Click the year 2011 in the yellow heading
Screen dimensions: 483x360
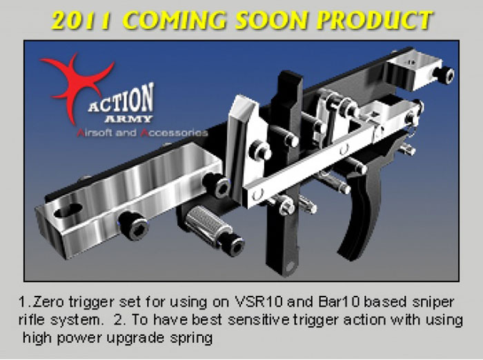pyautogui.click(x=81, y=20)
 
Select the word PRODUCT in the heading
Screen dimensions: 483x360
pyautogui.click(x=375, y=20)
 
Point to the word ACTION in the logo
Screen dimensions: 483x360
pyautogui.click(x=121, y=99)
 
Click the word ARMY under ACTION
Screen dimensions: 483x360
pyautogui.click(x=128, y=119)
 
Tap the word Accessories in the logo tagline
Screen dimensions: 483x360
pyautogui.click(x=175, y=132)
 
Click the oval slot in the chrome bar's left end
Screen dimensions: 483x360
pyautogui.click(x=68, y=210)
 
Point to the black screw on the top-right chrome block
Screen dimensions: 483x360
pyautogui.click(x=443, y=75)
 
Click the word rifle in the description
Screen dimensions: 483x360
pyautogui.click(x=32, y=320)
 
